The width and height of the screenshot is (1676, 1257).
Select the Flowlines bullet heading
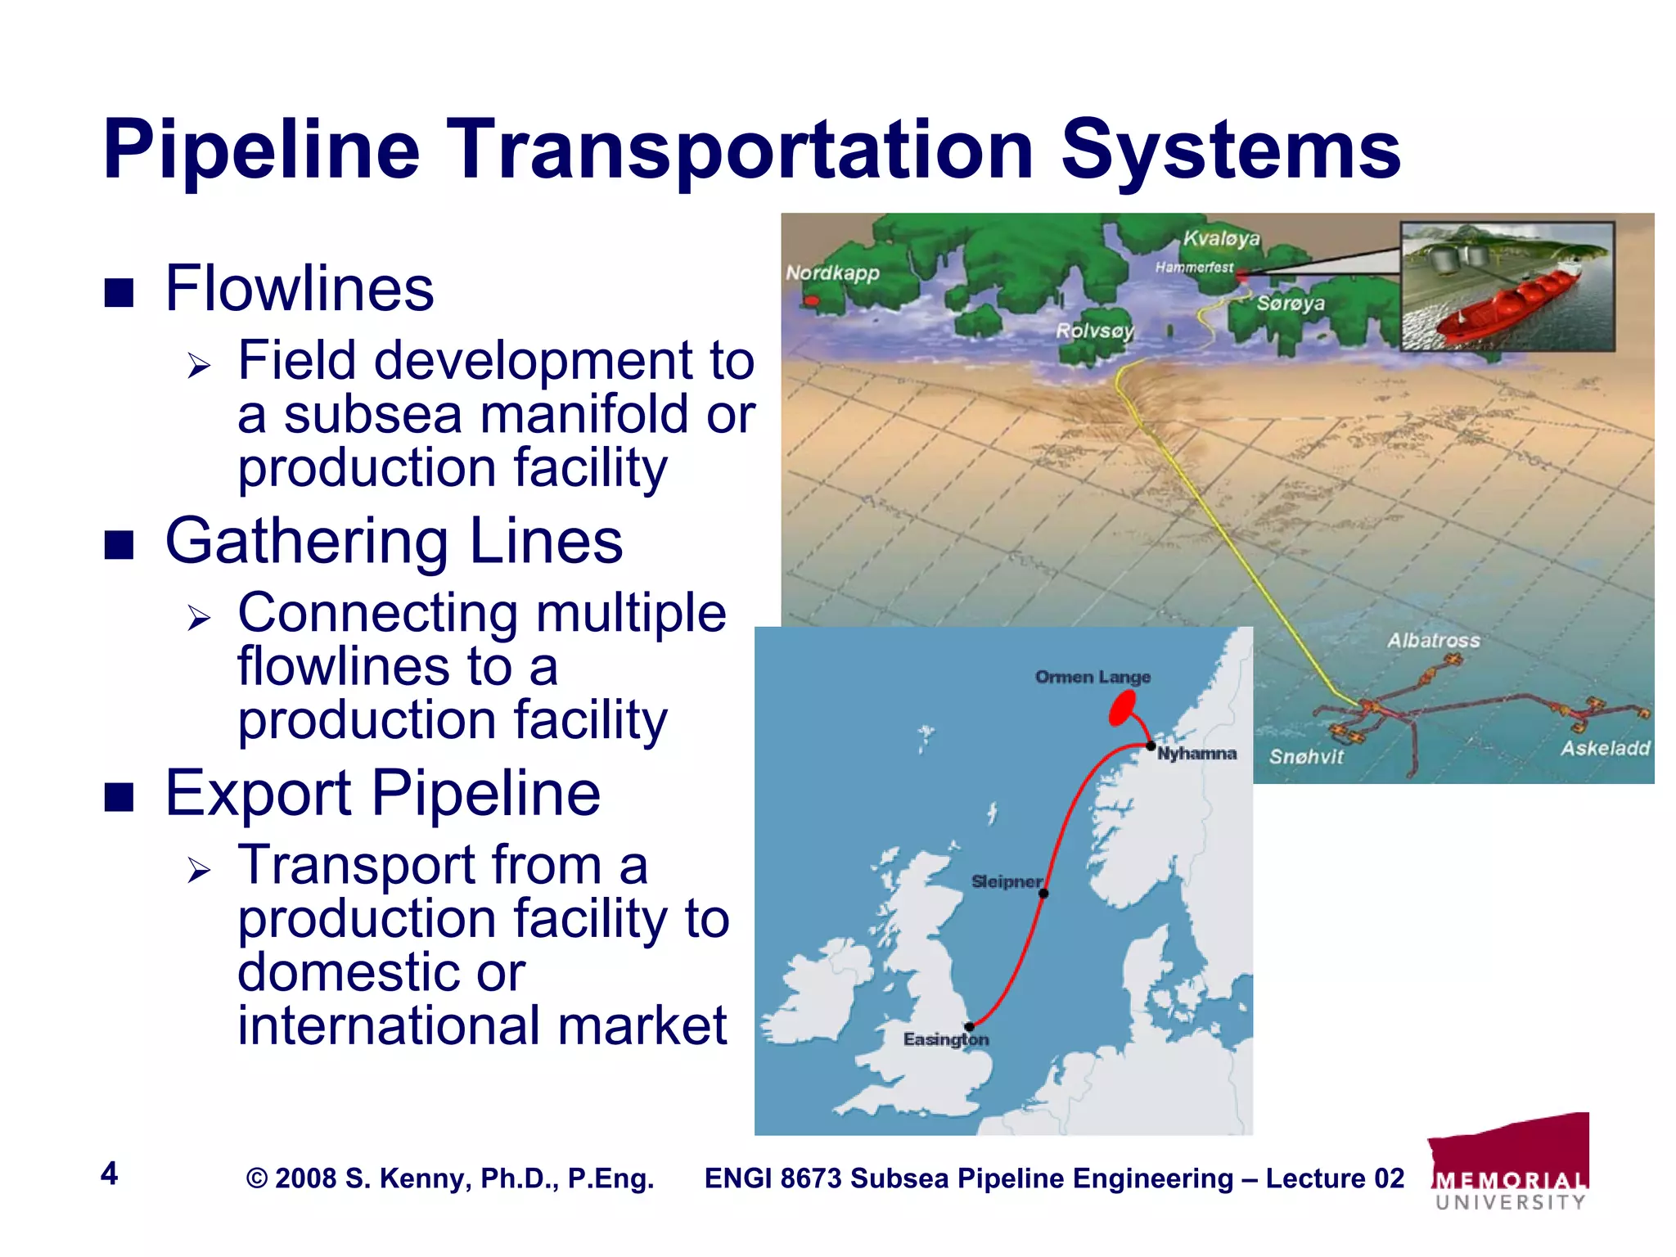point(299,289)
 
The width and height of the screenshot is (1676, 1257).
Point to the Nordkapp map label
point(832,273)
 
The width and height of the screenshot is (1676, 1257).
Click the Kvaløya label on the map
point(1221,238)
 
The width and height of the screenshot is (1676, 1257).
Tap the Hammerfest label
point(1194,267)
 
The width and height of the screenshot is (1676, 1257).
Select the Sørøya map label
point(1291,303)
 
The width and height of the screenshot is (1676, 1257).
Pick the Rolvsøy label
point(1094,331)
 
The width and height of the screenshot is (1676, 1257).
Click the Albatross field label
point(1433,640)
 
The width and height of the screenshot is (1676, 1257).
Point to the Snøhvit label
point(1306,757)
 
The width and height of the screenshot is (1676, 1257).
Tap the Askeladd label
point(1605,748)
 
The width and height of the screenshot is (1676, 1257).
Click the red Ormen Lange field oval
point(1122,707)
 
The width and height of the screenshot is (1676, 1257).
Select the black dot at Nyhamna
point(1151,746)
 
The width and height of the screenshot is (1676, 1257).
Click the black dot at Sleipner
point(1043,894)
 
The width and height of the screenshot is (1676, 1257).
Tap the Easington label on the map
point(945,1039)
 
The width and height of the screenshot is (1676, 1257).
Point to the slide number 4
point(109,1174)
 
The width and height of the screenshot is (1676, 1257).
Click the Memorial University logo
point(1510,1162)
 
